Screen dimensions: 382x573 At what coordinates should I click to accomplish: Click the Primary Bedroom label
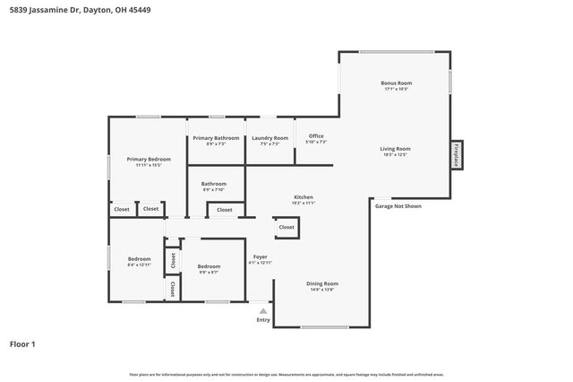148,160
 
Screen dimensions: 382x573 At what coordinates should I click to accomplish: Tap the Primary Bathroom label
216,138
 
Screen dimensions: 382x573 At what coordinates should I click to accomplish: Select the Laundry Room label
269,138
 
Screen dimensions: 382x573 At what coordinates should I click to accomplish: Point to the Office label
316,136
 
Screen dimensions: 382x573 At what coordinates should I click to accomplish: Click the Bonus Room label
396,83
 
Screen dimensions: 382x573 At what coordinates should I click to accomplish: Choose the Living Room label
395,149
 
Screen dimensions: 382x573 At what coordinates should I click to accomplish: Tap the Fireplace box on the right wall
457,154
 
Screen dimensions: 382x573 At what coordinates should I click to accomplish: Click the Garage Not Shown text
398,206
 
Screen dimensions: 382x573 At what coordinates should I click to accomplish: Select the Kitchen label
304,197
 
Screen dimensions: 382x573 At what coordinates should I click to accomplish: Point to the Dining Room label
323,283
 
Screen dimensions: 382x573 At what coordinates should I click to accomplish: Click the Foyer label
260,257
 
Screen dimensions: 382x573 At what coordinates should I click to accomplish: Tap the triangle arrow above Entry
263,311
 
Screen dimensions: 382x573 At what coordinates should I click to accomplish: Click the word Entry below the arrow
263,320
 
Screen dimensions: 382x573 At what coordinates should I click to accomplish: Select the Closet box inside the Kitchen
286,228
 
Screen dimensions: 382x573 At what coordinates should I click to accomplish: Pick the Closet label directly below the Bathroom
224,210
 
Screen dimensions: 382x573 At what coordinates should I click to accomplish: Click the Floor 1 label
22,343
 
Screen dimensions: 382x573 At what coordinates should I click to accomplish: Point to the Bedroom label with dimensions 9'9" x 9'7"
209,266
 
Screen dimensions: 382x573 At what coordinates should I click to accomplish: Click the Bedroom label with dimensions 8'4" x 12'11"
139,259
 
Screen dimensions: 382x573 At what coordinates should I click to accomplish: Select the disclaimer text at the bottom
286,374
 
